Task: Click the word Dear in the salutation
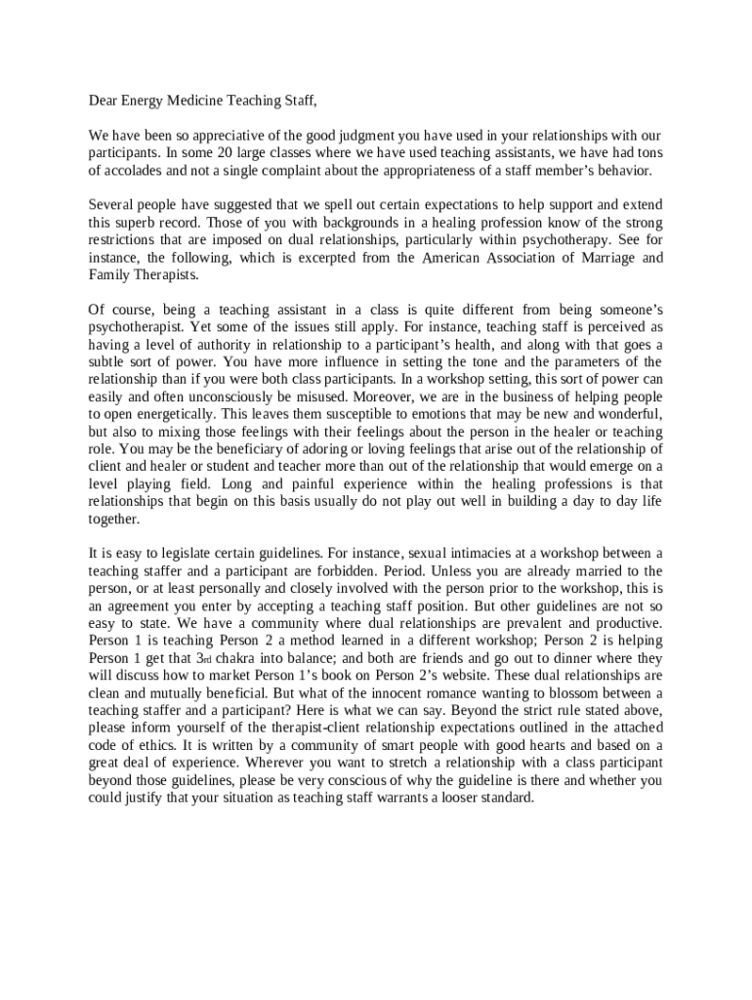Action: tap(104, 101)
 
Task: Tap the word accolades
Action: tap(131, 171)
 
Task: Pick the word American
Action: tap(456, 258)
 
